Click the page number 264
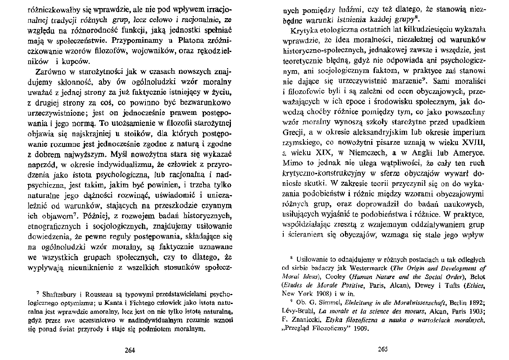[130, 350]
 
